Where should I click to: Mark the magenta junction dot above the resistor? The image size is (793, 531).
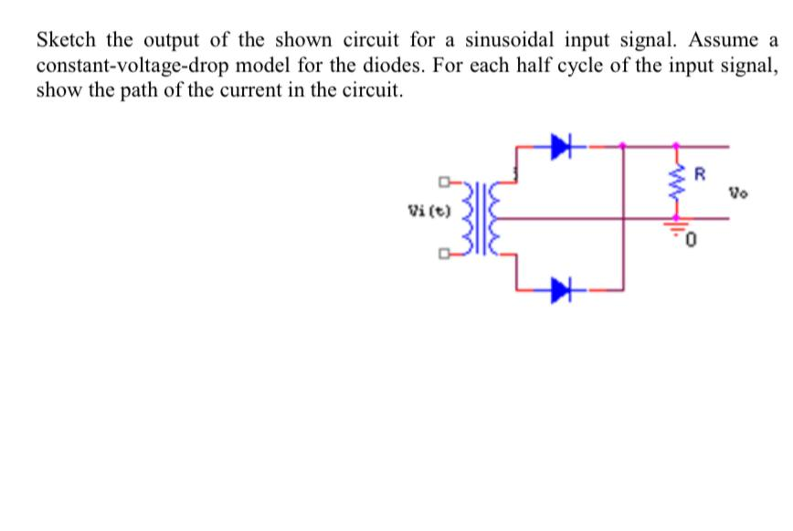676,144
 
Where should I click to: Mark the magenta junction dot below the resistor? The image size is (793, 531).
676,217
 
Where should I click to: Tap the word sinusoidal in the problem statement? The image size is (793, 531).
510,40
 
